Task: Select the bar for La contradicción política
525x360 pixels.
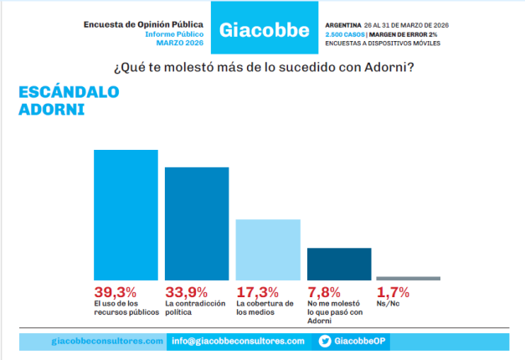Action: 197,223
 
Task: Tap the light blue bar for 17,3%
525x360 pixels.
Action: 268,249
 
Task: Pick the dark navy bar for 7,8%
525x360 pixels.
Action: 339,263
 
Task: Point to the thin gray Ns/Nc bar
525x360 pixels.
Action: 408,278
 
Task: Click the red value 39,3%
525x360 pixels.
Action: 114,292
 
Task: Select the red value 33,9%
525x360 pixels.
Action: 185,292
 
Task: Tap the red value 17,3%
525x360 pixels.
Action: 256,292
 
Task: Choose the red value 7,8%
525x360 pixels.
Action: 324,292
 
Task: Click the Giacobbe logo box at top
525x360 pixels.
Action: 263,30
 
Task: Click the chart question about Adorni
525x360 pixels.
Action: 262,65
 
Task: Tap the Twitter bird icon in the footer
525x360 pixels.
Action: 326,342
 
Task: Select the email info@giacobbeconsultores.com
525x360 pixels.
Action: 238,342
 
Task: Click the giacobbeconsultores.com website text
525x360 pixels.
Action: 107,342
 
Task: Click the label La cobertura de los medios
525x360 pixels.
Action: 265,308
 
